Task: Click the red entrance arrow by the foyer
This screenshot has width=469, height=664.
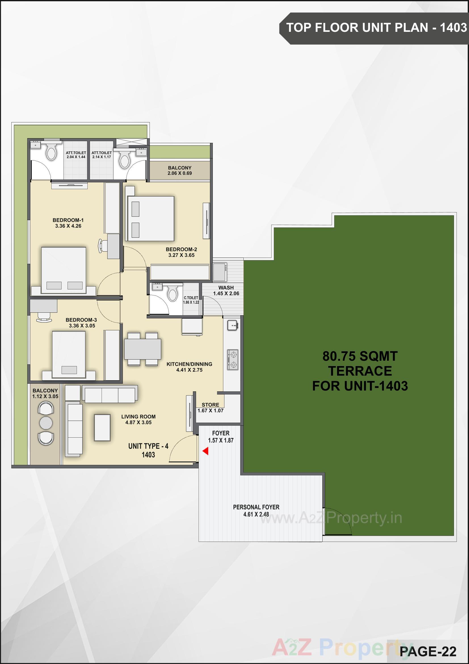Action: (205, 451)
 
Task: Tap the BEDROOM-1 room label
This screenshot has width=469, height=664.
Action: (68, 220)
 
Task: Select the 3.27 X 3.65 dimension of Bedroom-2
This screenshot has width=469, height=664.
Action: (181, 255)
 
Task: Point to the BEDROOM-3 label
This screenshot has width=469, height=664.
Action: (81, 320)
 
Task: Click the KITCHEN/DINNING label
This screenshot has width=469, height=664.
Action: (189, 364)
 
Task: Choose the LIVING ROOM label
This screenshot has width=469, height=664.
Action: (138, 416)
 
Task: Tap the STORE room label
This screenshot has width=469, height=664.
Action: (210, 405)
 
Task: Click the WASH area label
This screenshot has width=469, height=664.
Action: (226, 287)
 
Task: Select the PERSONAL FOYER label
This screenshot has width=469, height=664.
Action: (256, 507)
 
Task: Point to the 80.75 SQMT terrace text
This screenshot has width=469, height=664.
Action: (360, 356)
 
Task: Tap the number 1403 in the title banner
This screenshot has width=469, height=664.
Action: (453, 28)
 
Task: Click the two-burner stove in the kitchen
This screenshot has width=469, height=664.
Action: (233, 360)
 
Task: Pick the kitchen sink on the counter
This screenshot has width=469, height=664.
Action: (232, 325)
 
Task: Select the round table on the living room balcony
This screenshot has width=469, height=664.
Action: (46, 423)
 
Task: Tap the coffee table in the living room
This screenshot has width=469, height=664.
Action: (102, 427)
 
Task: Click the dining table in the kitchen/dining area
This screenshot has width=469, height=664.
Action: (142, 349)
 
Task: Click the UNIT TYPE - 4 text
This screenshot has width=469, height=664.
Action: (148, 446)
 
